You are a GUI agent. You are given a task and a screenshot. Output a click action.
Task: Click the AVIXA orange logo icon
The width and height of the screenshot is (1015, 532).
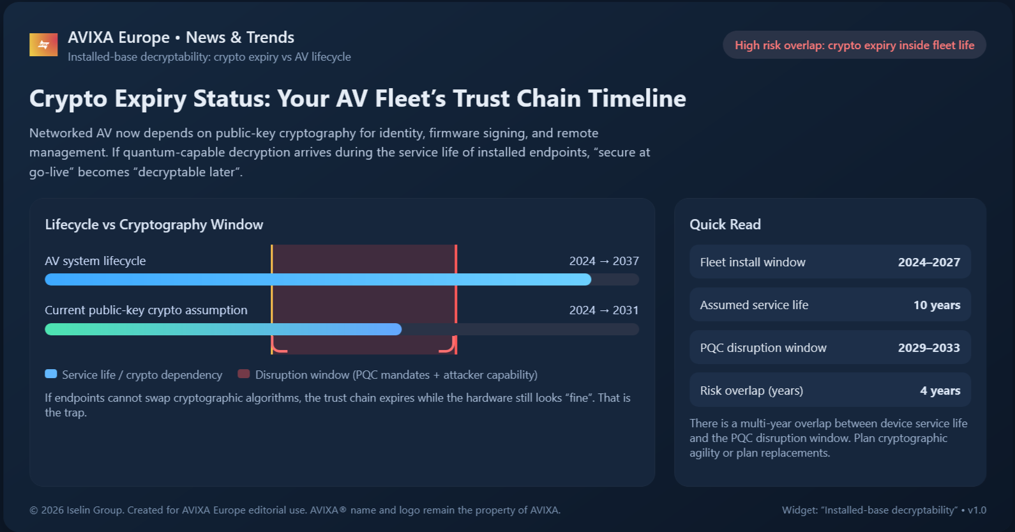click(x=43, y=45)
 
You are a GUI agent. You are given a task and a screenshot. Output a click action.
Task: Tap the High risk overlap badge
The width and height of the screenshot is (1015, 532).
click(x=854, y=45)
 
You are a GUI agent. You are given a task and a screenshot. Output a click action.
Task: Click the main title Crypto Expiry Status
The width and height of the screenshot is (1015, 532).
click(x=357, y=99)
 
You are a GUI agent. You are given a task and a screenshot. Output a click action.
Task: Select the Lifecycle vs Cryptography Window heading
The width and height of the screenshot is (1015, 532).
click(x=154, y=225)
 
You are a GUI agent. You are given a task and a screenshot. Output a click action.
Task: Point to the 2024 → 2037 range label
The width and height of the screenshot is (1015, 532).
click(x=603, y=261)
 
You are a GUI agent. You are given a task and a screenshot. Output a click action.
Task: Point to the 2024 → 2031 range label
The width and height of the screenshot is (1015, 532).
click(x=603, y=310)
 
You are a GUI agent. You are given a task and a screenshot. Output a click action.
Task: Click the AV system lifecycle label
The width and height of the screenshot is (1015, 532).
click(x=95, y=261)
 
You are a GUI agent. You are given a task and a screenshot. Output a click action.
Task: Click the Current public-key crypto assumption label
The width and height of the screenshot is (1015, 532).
click(x=146, y=310)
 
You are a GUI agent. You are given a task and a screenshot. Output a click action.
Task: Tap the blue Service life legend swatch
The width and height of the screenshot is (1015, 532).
click(x=51, y=374)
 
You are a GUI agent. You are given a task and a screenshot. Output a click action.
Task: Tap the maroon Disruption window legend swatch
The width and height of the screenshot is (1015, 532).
click(x=243, y=374)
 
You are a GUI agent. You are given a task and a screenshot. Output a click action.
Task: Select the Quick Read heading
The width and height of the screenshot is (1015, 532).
click(x=725, y=225)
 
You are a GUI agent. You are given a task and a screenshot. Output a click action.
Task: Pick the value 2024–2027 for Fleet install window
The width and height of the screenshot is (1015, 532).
click(x=929, y=262)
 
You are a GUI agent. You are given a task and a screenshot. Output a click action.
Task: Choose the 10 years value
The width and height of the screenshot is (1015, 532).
click(x=936, y=305)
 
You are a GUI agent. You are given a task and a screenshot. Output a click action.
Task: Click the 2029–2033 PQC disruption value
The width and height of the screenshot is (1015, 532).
click(x=929, y=348)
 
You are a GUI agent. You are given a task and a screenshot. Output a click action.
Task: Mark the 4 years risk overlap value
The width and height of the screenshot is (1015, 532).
click(x=940, y=391)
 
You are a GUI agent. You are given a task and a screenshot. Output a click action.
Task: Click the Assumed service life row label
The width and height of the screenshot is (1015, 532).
click(x=754, y=305)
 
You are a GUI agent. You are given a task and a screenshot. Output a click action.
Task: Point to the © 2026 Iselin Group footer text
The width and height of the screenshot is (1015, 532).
click(x=294, y=510)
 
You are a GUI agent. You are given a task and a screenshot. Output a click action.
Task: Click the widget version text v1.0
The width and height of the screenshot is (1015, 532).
click(x=977, y=510)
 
